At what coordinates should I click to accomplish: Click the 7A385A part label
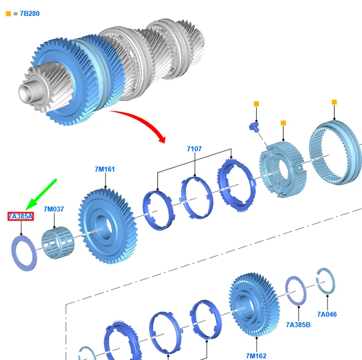pyautogui.click(x=20, y=216)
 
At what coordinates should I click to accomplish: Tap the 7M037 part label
pyautogui.click(x=54, y=209)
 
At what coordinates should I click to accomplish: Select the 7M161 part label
pyautogui.click(x=105, y=169)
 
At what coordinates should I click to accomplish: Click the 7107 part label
pyautogui.click(x=194, y=149)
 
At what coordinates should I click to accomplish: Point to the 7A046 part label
pyautogui.click(x=326, y=314)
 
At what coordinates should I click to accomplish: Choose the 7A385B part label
pyautogui.click(x=298, y=325)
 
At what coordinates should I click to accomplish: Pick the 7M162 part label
pyautogui.click(x=256, y=355)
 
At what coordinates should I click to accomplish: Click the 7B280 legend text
pyautogui.click(x=27, y=12)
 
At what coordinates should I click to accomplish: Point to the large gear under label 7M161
pyautogui.click(x=107, y=226)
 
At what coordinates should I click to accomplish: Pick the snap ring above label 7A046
pyautogui.click(x=326, y=281)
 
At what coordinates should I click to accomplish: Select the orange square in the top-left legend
pyautogui.click(x=8, y=12)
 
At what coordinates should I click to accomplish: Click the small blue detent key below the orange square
pyautogui.click(x=254, y=127)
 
